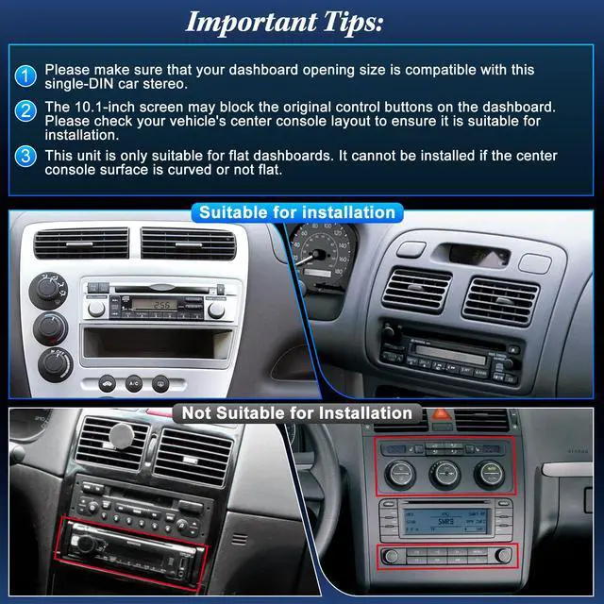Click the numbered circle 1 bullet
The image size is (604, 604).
click(x=25, y=75)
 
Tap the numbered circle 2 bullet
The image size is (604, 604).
click(x=25, y=111)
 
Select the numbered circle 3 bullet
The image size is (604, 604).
click(x=25, y=156)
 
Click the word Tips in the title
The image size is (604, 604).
click(x=353, y=23)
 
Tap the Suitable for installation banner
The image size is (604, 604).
click(x=297, y=212)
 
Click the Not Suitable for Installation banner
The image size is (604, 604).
click(x=297, y=413)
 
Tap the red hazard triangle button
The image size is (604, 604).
click(x=441, y=414)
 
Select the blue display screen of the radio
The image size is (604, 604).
click(x=445, y=521)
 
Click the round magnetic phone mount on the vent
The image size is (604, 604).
click(x=122, y=436)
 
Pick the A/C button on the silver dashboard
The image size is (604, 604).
click(x=134, y=384)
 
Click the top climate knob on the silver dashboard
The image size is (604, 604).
click(x=48, y=291)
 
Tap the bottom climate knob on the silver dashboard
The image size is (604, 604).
click(x=56, y=365)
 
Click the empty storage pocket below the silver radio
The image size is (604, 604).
click(x=158, y=343)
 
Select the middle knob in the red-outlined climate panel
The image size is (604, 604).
click(x=445, y=474)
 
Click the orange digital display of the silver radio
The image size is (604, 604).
click(x=155, y=305)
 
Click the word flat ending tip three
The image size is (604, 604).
click(x=270, y=170)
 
